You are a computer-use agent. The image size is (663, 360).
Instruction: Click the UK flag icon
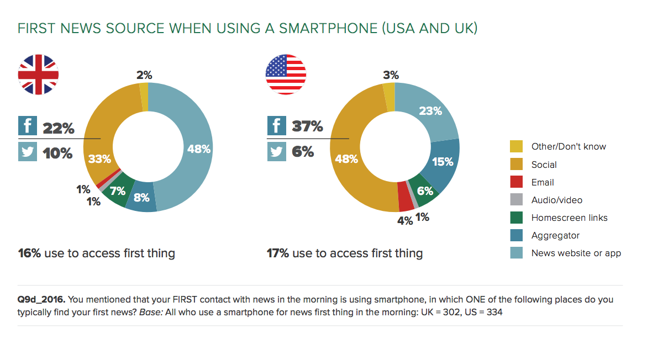pos(38,75)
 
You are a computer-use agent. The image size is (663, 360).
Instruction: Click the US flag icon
pos(286,75)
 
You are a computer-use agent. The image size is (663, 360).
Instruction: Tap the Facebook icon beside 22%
pos(28,126)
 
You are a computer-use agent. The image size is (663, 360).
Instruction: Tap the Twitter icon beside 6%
pos(277,151)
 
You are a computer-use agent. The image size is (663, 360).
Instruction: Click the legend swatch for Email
pos(516,182)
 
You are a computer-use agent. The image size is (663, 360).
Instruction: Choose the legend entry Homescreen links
pos(569,218)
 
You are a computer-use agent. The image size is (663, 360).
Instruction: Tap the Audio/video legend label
pos(556,200)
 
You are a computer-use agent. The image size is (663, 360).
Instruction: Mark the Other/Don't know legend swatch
pos(516,146)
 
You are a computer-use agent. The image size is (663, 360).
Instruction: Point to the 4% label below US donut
pos(405,220)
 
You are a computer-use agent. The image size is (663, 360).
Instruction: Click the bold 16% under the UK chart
pos(30,253)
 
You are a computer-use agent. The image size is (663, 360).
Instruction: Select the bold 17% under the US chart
pos(278,253)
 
